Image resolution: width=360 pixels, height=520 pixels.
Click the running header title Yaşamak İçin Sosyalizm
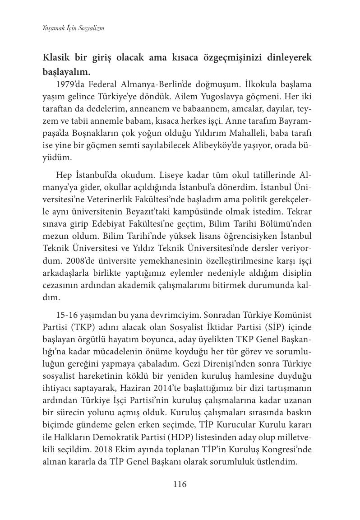tap(74, 28)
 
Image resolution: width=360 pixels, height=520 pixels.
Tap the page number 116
tap(180, 484)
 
